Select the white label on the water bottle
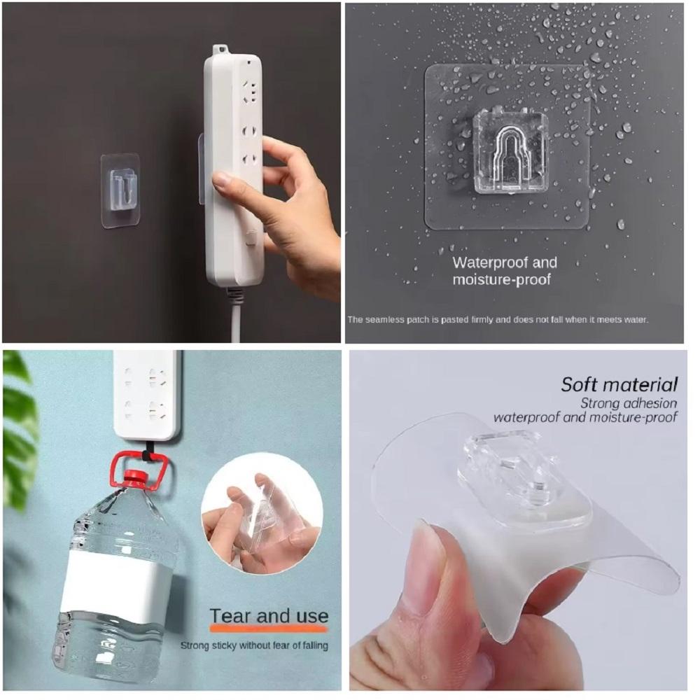(117, 581)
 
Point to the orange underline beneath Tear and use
(269, 628)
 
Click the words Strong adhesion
(628, 403)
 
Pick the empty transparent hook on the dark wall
(120, 190)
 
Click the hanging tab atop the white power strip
(220, 49)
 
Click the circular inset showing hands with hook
(262, 513)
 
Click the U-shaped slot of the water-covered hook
(508, 154)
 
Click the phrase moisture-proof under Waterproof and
(501, 281)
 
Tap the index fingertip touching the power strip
(222, 181)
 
